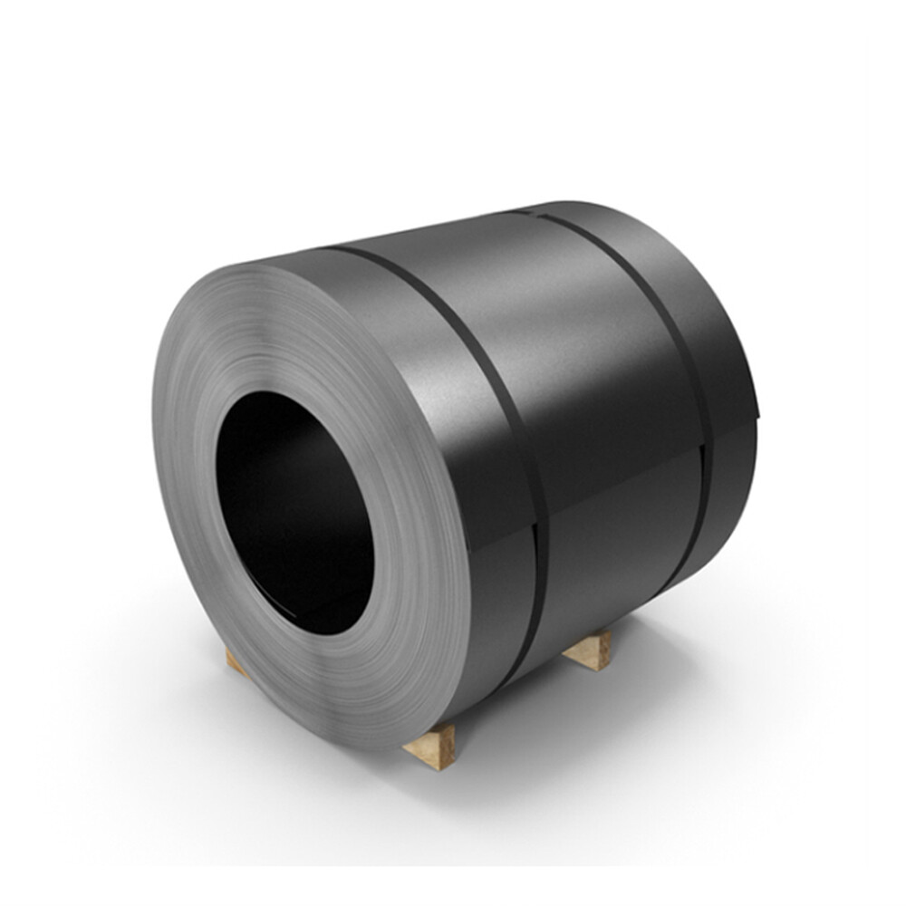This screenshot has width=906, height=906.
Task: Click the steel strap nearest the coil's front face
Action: (494, 408)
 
